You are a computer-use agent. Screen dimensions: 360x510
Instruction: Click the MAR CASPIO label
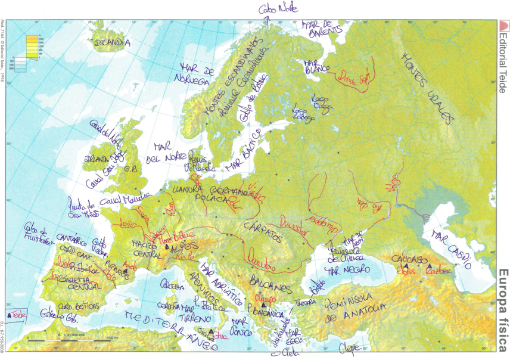452,246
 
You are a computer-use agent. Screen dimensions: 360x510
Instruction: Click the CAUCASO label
408,260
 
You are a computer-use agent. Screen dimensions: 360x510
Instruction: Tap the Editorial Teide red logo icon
503,26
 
